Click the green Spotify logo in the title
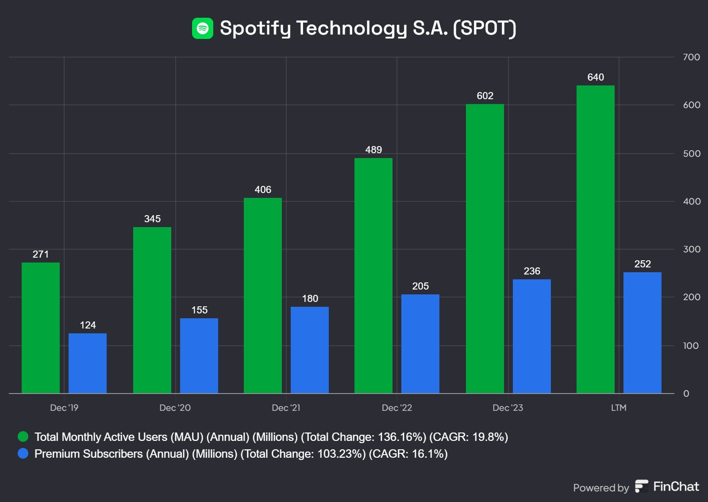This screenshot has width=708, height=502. pyautogui.click(x=203, y=28)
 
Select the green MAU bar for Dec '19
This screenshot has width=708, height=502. pyautogui.click(x=41, y=328)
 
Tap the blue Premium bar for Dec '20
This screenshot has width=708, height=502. pyautogui.click(x=199, y=355)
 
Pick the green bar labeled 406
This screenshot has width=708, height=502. pyautogui.click(x=263, y=295)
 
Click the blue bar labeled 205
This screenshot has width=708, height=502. pyautogui.click(x=420, y=344)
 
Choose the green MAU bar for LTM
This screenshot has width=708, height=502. pyautogui.click(x=596, y=239)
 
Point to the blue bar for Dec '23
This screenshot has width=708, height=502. pyautogui.click(x=532, y=336)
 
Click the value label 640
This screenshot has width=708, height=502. pyautogui.click(x=596, y=77)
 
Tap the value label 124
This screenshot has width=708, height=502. pyautogui.click(x=88, y=325)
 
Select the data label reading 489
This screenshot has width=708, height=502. pyautogui.click(x=373, y=150)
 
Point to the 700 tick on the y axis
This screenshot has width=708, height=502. pyautogui.click(x=691, y=57)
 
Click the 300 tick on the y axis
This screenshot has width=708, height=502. pyautogui.click(x=692, y=249)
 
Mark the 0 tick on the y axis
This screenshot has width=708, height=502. pyautogui.click(x=686, y=394)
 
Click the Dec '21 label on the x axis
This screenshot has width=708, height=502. pyautogui.click(x=286, y=408)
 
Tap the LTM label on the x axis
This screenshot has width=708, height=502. pyautogui.click(x=619, y=408)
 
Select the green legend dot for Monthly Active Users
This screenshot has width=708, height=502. pyautogui.click(x=23, y=437)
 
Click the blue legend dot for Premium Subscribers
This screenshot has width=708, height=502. pyautogui.click(x=23, y=454)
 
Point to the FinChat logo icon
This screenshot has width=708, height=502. pyautogui.click(x=641, y=486)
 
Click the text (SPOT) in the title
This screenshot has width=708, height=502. pyautogui.click(x=485, y=28)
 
